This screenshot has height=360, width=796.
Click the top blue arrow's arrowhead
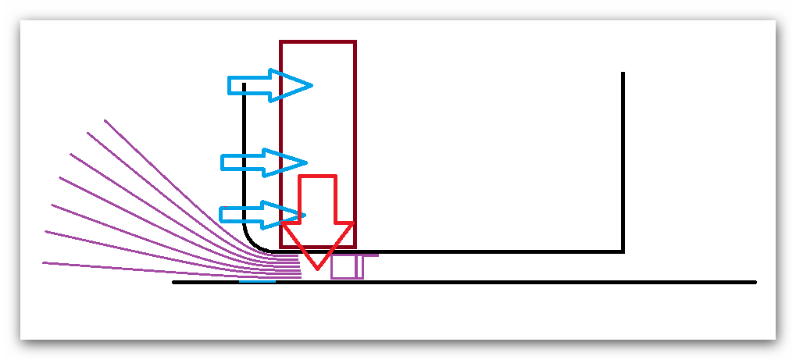point(301,85)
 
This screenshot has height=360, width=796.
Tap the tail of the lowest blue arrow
point(223,214)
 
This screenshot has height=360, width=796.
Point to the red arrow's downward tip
point(317,268)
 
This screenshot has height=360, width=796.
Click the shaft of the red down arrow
point(317,200)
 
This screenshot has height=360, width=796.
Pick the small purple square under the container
point(344,266)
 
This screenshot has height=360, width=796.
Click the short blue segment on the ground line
point(257,282)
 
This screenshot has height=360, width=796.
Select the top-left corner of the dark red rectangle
point(281,42)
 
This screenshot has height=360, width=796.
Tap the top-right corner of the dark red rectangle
point(355,42)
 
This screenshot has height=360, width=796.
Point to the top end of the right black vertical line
point(623,73)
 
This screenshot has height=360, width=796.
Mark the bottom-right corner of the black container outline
point(623,251)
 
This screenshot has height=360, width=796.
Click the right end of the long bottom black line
point(755,282)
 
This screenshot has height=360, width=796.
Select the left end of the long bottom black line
point(173,282)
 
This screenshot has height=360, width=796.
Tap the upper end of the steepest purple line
point(105,120)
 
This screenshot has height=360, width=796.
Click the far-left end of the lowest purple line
point(43,262)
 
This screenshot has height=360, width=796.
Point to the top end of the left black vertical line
point(245,84)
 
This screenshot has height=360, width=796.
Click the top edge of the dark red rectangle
point(318,42)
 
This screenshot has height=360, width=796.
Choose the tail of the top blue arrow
point(230,85)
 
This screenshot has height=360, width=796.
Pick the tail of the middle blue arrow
point(224,162)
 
